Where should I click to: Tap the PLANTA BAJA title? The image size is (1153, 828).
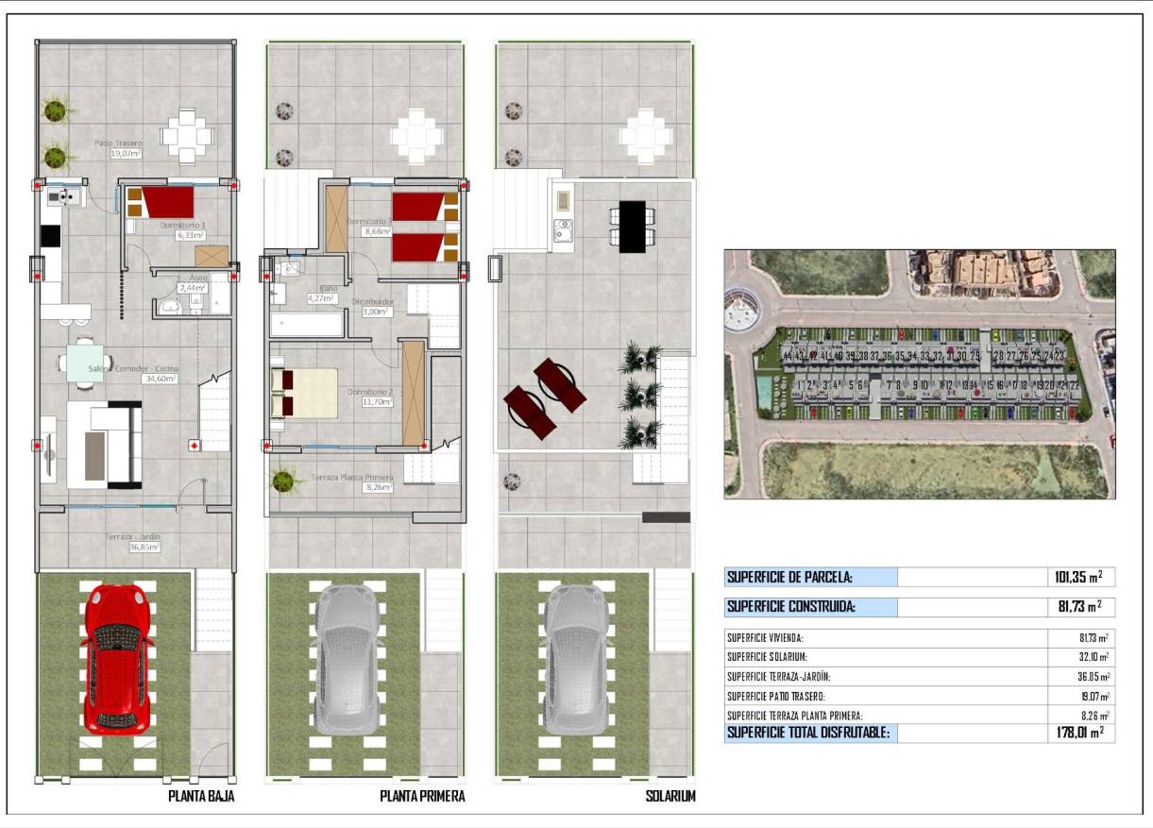[201, 796]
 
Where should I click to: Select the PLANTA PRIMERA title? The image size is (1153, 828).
[422, 796]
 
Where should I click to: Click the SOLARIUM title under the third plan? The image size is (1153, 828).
[670, 796]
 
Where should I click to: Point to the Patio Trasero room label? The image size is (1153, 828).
[118, 147]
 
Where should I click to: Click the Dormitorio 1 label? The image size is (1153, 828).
[183, 229]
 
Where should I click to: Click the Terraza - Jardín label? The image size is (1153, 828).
[133, 541]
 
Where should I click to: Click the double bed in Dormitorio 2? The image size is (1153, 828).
[304, 393]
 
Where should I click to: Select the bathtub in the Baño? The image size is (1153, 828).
[307, 326]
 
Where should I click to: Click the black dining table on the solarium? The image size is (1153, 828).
[632, 226]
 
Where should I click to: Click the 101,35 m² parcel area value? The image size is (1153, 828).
[1077, 577]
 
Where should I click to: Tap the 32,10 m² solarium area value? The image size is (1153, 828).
[1090, 657]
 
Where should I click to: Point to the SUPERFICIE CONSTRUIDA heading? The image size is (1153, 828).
[792, 607]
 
